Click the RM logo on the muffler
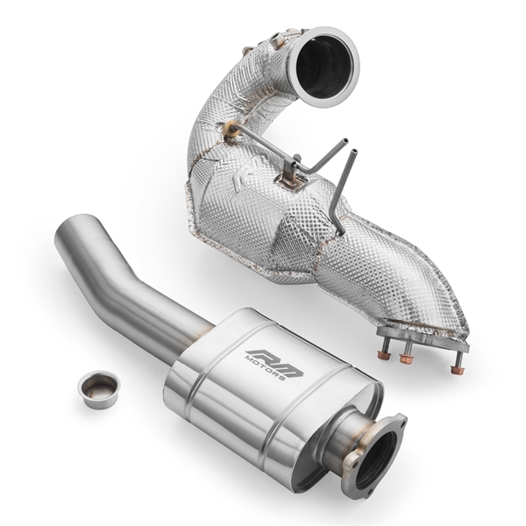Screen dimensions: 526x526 [x=273, y=359]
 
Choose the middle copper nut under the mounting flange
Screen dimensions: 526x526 [x=406, y=359]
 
